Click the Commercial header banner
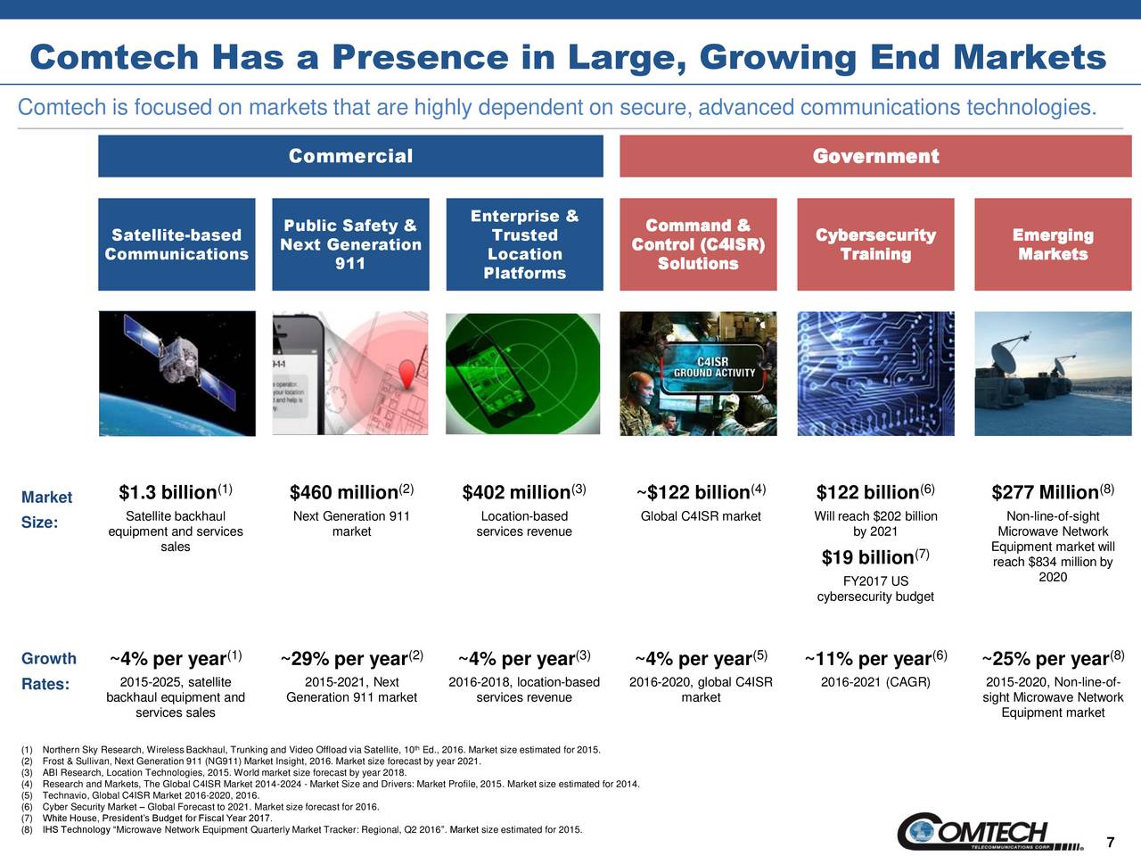click(x=350, y=156)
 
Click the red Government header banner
click(x=875, y=156)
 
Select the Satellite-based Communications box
click(x=176, y=244)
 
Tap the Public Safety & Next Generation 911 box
click(x=350, y=244)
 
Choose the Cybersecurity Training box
click(x=875, y=244)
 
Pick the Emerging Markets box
click(x=1053, y=244)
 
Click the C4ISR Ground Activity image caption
click(x=712, y=367)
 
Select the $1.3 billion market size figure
click(x=168, y=493)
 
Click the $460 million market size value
click(x=344, y=493)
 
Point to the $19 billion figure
click(x=868, y=558)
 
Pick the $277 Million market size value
click(x=1045, y=493)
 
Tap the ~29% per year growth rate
click(x=344, y=660)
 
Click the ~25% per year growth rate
click(x=1046, y=660)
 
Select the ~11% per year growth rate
click(x=868, y=660)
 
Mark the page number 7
click(x=1110, y=843)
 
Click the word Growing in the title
click(x=777, y=58)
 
